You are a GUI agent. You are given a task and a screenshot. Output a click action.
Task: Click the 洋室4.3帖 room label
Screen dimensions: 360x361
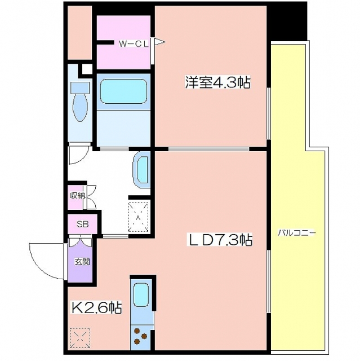click(217, 82)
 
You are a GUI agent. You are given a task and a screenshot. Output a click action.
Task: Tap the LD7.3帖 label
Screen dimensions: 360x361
click(220, 240)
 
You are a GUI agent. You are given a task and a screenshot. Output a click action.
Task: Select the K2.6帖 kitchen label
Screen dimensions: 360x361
click(97, 307)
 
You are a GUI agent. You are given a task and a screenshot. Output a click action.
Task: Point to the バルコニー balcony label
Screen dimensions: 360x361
click(297, 233)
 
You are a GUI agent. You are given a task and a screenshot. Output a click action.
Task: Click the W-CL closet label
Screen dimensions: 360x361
click(134, 44)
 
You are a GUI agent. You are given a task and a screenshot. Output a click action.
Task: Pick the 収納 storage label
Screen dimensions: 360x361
click(78, 196)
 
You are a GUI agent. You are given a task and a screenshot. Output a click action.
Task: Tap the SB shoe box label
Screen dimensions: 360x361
click(82, 224)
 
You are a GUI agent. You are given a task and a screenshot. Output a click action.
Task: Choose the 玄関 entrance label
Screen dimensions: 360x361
click(82, 262)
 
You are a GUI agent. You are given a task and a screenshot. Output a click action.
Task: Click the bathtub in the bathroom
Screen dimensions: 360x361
click(124, 91)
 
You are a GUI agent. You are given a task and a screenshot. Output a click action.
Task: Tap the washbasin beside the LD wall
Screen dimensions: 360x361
click(141, 170)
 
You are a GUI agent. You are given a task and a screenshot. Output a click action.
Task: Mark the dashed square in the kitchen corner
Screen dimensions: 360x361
click(80, 338)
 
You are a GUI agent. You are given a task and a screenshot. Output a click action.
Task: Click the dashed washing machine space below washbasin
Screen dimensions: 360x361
click(139, 217)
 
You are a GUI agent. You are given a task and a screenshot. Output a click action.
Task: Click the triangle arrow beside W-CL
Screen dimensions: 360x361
click(160, 42)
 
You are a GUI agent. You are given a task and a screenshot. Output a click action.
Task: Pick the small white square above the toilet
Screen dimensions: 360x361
click(87, 69)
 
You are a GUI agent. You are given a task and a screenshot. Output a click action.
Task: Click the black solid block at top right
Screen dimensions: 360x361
click(287, 21)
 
